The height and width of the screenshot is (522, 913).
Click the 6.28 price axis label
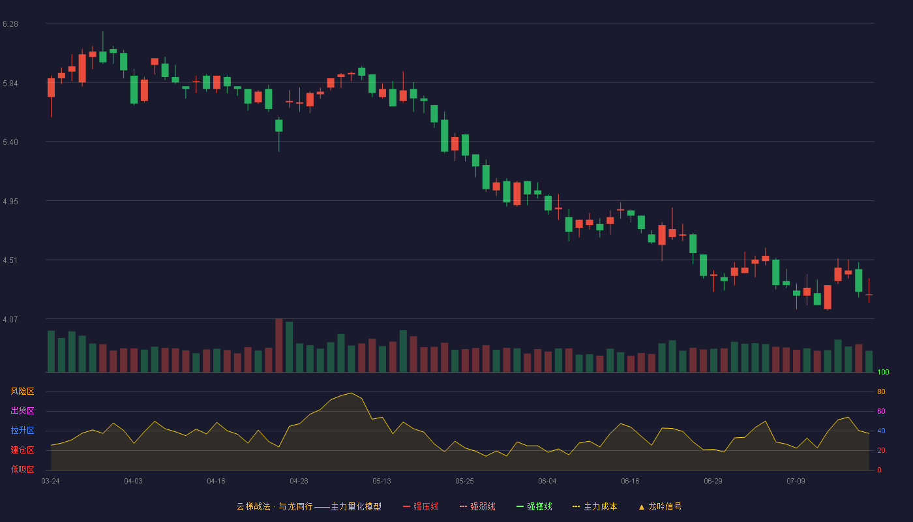10,24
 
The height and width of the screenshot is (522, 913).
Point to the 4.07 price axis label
10,319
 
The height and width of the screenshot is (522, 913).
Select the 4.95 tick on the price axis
10,202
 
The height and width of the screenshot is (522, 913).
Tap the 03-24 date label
51,482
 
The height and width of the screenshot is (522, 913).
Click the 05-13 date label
382,482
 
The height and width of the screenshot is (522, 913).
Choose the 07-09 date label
796,482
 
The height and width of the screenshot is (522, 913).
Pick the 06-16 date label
630,482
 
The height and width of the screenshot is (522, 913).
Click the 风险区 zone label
22,391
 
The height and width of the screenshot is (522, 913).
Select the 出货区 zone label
22,410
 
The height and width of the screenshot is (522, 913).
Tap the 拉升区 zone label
22,430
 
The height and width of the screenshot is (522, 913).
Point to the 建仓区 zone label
22,450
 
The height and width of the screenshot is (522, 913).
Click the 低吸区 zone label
22,469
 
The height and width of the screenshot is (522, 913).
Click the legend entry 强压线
421,506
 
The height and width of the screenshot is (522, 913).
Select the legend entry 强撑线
534,506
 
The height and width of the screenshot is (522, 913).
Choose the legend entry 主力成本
595,506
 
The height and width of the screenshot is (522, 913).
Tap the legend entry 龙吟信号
660,506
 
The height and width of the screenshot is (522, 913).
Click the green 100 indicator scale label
883,372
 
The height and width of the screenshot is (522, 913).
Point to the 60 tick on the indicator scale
881,411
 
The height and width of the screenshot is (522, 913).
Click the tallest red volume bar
279,345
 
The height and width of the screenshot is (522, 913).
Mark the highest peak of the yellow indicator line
352,393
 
